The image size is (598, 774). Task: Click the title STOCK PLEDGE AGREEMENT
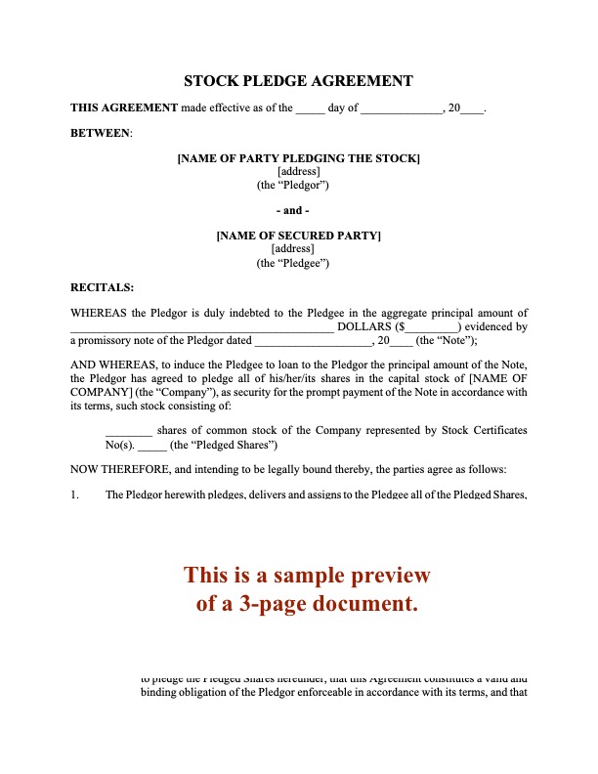click(x=298, y=81)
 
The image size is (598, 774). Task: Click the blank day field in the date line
click(x=310, y=108)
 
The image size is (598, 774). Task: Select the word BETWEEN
click(x=101, y=132)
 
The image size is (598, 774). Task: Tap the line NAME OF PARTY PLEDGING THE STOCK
click(x=298, y=158)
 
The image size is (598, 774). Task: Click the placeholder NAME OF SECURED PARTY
click(x=298, y=236)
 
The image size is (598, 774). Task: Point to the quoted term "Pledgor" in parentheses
click(x=300, y=185)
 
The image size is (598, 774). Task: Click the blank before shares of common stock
click(x=128, y=430)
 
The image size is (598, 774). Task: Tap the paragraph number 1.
click(x=74, y=495)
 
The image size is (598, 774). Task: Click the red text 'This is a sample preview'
click(x=307, y=575)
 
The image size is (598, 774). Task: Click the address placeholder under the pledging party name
click(x=298, y=172)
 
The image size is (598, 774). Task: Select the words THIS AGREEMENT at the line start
click(x=124, y=108)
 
